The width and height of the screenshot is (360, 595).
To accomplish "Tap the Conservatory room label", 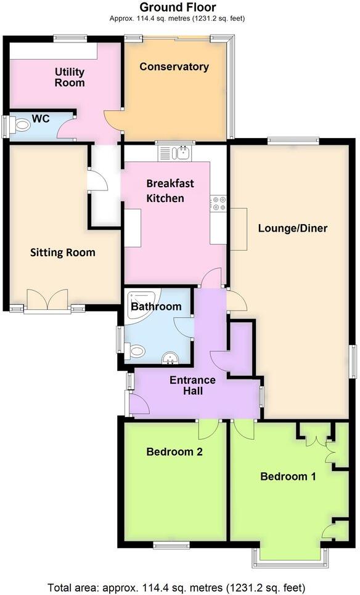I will point(174,67).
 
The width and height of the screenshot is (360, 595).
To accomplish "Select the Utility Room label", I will point(69,78).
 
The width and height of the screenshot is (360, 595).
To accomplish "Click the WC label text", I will point(41,118).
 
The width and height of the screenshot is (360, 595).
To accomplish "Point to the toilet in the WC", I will point(22,126).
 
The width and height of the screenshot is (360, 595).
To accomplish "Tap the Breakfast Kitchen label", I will point(170,190).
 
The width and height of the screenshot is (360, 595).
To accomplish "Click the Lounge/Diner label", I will point(292,229).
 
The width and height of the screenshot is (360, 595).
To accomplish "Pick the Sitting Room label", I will point(63,252).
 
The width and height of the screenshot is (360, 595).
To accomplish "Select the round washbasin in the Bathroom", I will point(168,358).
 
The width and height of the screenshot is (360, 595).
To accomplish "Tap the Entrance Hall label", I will point(192,385).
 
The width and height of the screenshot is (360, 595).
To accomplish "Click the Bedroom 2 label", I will point(174,451).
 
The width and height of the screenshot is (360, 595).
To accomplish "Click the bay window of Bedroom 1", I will point(290,557).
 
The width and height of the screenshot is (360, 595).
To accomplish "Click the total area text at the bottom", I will point(177,586).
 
